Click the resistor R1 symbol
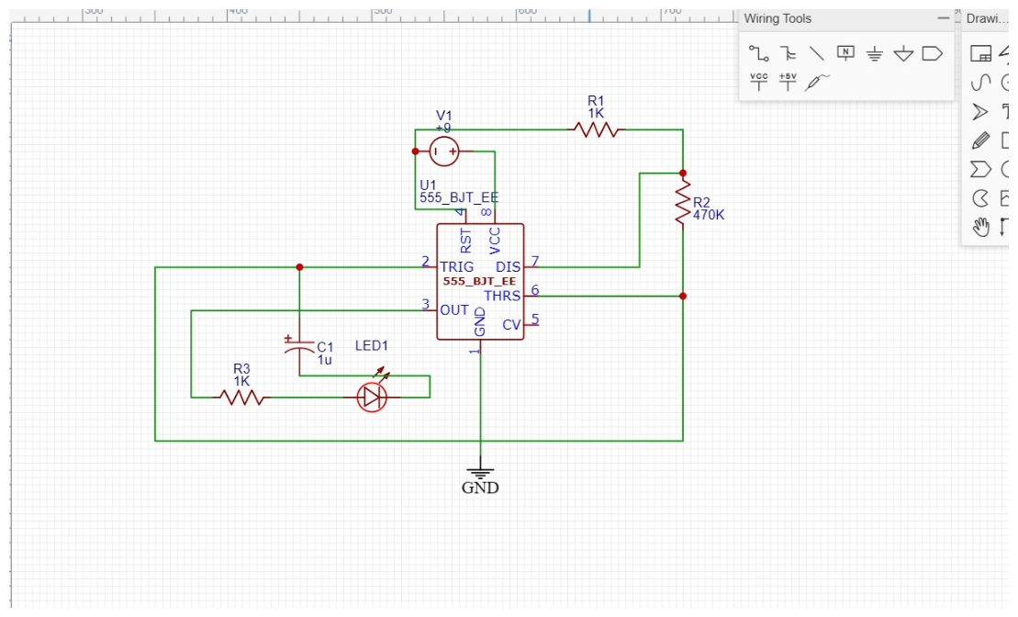click(x=597, y=130)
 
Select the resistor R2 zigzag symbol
click(x=682, y=204)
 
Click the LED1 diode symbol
click(x=372, y=397)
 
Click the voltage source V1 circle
click(x=444, y=151)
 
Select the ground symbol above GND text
click(x=480, y=472)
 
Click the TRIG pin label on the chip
click(x=457, y=267)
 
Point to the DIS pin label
click(x=508, y=267)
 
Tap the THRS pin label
click(x=502, y=296)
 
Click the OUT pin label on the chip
click(x=454, y=310)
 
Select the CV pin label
click(x=511, y=324)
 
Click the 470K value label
click(x=709, y=215)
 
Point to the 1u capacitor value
click(x=324, y=360)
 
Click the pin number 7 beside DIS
click(x=534, y=261)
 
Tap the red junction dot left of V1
click(x=415, y=151)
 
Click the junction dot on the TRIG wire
click(x=299, y=267)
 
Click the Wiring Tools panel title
click(x=777, y=18)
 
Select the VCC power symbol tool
click(x=758, y=82)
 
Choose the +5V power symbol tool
click(x=788, y=82)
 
